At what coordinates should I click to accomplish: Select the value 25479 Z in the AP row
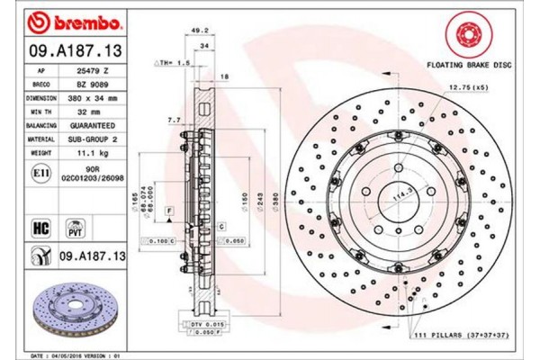pyautogui.click(x=95, y=68)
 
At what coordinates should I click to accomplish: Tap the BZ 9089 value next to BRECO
pyautogui.click(x=94, y=81)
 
